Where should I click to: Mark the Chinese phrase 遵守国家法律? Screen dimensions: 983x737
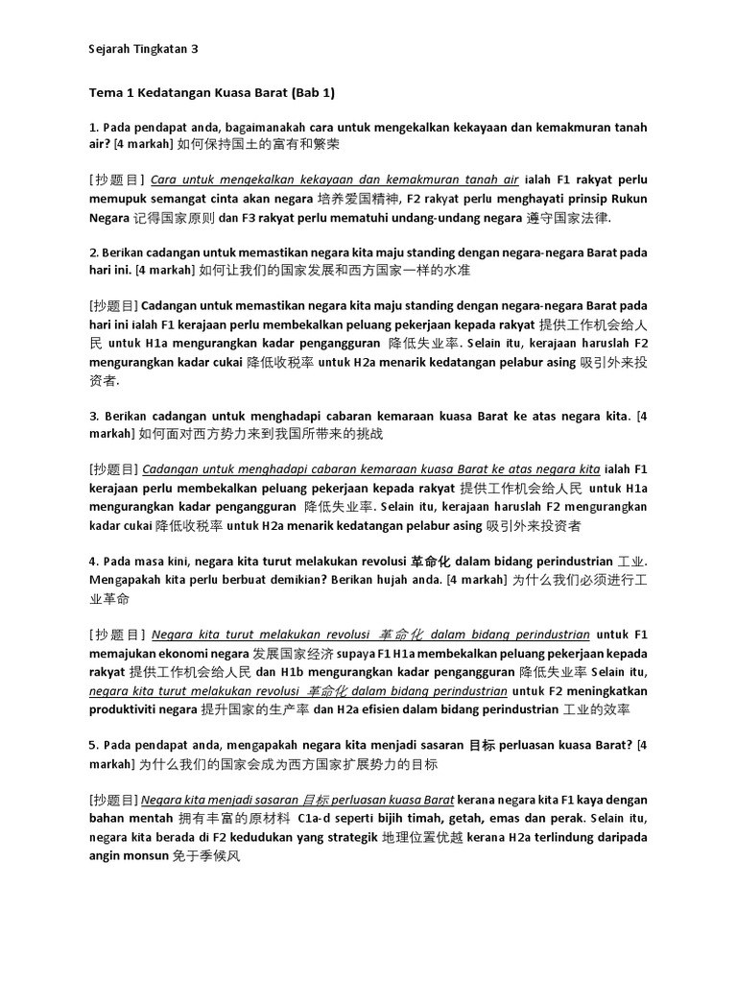pos(567,218)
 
